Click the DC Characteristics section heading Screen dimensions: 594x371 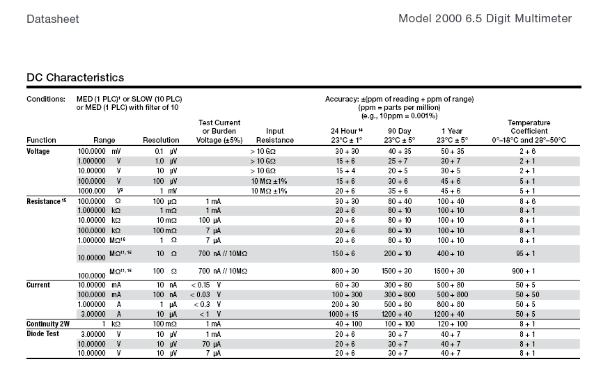pos(75,77)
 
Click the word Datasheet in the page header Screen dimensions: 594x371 pos(53,19)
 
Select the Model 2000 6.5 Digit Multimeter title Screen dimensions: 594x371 pos(485,19)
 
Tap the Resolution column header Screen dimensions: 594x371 pos(161,140)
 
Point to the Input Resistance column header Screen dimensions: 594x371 pos(274,136)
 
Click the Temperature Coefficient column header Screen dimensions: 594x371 pos(529,132)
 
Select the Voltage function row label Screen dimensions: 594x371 pos(38,151)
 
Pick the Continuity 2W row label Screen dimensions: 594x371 pos(48,324)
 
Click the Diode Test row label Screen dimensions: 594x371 pos(42,334)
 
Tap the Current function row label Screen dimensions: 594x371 pos(38,285)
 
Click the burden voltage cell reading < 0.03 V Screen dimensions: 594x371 pos(205,294)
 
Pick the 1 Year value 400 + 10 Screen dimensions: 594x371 pos(451,253)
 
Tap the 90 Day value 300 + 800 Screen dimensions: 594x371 pos(400,294)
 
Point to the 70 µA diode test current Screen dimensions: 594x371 pos(212,344)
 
